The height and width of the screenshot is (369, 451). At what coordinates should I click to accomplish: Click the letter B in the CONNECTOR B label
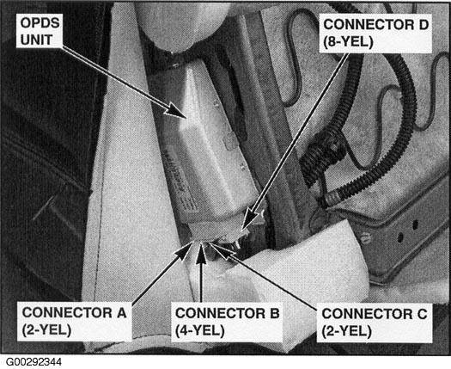(268, 314)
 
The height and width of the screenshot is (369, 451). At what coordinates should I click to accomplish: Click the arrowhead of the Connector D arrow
(245, 228)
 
